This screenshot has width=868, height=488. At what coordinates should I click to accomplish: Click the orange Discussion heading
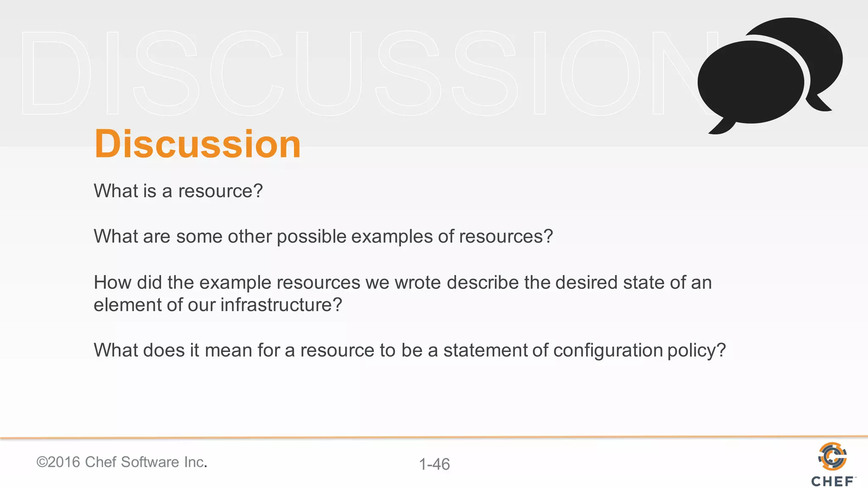pos(198,144)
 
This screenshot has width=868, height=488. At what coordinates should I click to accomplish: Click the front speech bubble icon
pos(750,83)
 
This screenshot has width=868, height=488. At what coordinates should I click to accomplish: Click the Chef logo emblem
pos(832,456)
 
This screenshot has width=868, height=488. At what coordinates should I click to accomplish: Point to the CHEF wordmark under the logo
pos(832,482)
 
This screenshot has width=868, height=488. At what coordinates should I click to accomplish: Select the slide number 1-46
pos(434,464)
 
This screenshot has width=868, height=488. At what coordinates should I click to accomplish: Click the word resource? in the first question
pos(220,191)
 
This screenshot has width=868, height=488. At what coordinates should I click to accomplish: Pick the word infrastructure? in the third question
pos(281,305)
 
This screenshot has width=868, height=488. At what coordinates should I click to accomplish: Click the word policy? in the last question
pos(696,351)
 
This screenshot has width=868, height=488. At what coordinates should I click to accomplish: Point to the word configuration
pos(608,351)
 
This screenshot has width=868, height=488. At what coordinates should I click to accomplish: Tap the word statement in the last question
pos(485,351)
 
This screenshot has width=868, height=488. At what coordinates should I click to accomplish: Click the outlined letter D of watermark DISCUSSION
pos(55,73)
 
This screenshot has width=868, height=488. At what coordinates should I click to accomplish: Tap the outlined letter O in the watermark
pos(600,73)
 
